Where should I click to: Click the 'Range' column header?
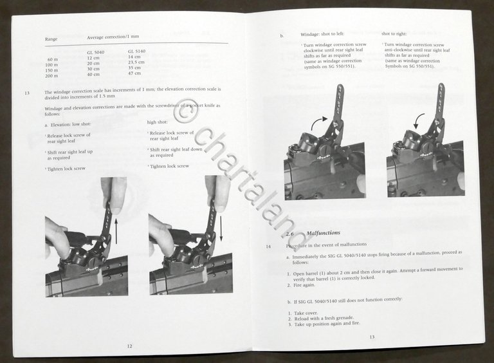[x=51, y=39]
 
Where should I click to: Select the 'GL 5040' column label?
[x=95, y=51]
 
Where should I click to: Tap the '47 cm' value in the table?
[x=134, y=73]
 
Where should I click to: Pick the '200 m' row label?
[x=51, y=76]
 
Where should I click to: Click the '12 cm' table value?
[x=93, y=58]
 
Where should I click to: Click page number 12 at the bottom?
[x=129, y=346]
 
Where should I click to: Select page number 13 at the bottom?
[x=371, y=337]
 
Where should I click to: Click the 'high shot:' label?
[x=157, y=122]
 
